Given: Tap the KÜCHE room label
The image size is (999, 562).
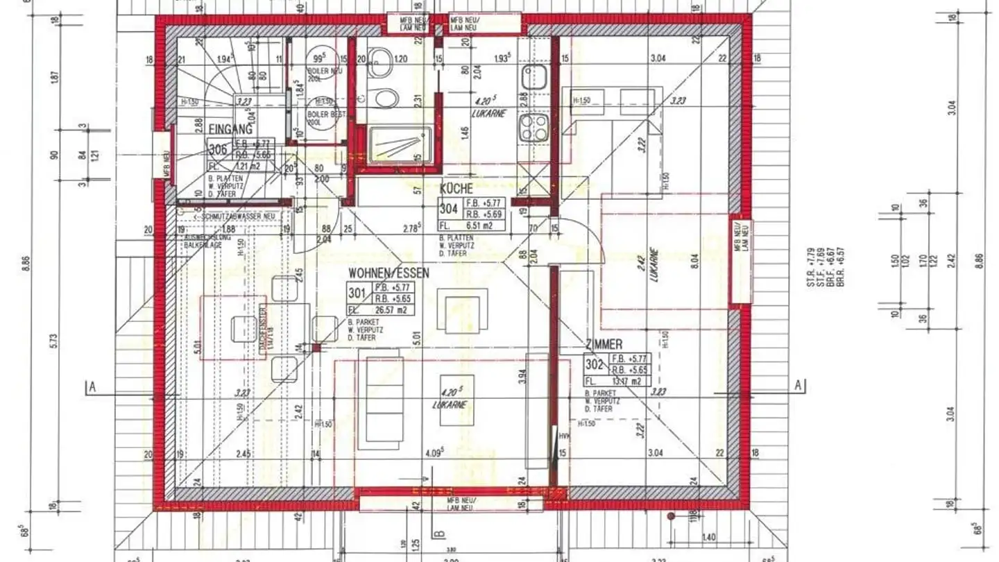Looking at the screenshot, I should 456,188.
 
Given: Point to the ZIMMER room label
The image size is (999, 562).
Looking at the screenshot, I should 604,344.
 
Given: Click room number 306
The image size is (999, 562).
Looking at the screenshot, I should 217,148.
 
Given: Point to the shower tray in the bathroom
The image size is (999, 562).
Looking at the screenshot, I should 398,146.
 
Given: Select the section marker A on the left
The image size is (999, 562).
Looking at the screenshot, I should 91,386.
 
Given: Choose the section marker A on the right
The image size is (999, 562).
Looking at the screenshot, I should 799,386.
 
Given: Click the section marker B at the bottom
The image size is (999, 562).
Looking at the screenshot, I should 438,534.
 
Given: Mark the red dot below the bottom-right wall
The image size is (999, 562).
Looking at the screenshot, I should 671,517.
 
